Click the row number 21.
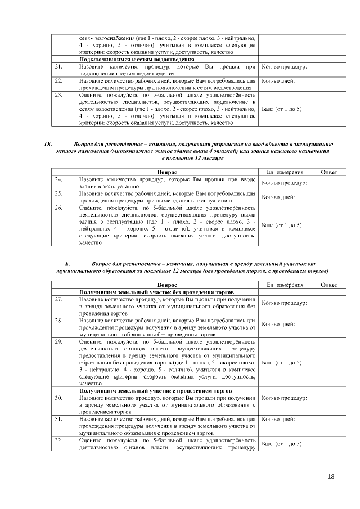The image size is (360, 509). (x=58, y=67)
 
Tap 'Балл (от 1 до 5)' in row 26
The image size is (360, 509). (x=282, y=225)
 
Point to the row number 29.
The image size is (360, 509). (x=58, y=341)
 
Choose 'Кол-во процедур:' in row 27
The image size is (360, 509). (x=284, y=303)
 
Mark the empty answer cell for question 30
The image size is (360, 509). (x=328, y=404)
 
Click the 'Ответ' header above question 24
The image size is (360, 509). (x=328, y=172)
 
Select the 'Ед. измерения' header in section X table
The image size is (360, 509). (x=285, y=285)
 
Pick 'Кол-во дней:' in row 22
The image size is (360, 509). (x=278, y=81)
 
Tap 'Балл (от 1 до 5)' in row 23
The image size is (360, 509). (x=282, y=109)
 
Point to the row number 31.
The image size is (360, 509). (x=58, y=419)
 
